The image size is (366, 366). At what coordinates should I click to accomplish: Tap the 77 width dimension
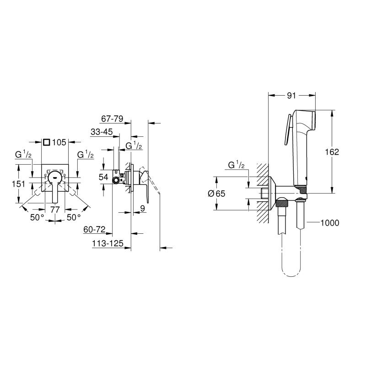tap(55, 210)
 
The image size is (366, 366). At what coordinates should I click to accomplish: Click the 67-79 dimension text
tap(112, 118)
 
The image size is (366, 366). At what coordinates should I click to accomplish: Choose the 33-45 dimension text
tap(102, 132)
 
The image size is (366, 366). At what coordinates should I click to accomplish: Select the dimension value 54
tap(103, 177)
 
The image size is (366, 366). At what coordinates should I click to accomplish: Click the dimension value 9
tap(143, 209)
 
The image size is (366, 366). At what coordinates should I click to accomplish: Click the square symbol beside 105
tap(46, 142)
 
